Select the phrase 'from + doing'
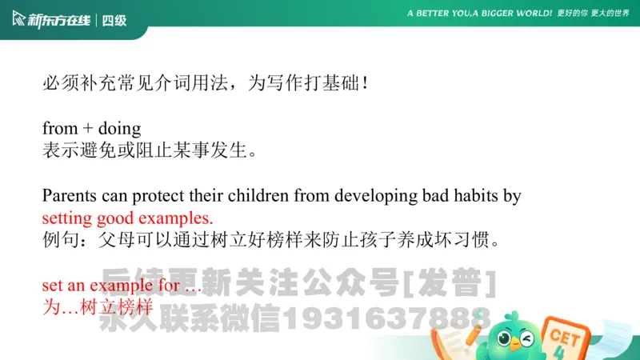(91, 128)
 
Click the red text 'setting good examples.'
(128, 218)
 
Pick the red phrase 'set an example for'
(112, 286)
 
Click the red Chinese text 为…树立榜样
(97, 306)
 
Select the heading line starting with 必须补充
(206, 82)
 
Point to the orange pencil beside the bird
(479, 320)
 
